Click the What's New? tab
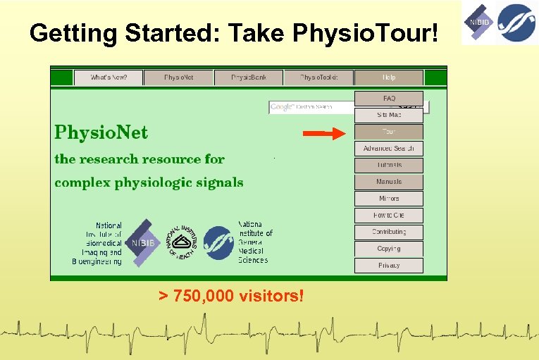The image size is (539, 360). (108, 77)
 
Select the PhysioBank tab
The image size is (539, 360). (248, 77)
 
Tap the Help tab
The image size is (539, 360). (389, 77)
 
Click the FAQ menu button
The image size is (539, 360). (389, 99)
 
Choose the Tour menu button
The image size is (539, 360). (389, 132)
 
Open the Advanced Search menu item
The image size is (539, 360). (389, 149)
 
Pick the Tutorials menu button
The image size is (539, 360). (389, 165)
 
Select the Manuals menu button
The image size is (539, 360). (389, 182)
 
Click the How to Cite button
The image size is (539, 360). (389, 215)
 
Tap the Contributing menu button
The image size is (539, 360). (389, 232)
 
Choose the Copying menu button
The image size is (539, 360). (389, 249)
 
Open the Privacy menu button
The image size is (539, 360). (389, 266)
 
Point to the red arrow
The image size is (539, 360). (323, 132)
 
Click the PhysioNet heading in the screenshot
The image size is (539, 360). (101, 132)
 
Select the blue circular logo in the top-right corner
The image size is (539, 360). (516, 23)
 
